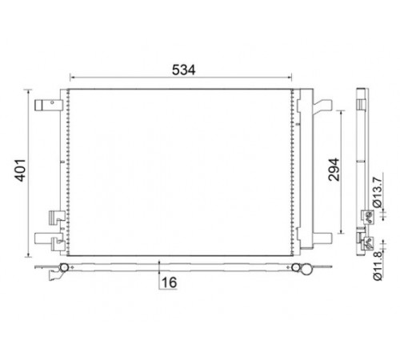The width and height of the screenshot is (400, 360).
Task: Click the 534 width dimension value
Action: (183, 70)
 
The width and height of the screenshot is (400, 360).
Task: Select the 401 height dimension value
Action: (21, 170)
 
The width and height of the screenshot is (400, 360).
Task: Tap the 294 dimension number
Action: (334, 170)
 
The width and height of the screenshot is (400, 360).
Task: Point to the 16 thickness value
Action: (169, 282)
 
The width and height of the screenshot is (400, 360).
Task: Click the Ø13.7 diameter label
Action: (378, 192)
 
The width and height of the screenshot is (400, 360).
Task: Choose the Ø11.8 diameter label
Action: (378, 266)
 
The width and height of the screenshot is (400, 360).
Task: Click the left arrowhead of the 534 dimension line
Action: (72, 78)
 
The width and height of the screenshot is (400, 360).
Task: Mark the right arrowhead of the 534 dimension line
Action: (290, 78)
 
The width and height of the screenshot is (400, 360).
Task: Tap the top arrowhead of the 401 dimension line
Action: (28, 92)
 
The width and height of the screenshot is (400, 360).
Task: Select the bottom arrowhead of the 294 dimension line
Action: (341, 231)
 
